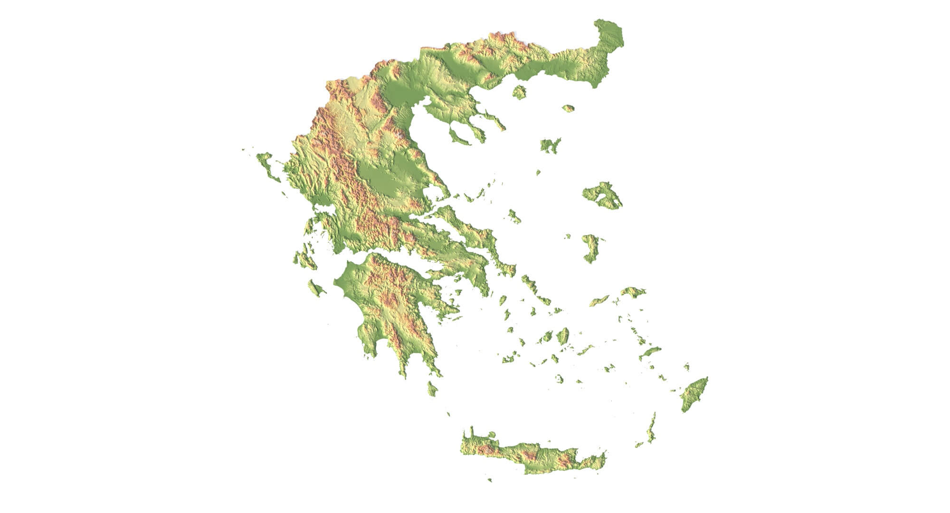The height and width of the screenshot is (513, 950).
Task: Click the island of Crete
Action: pyautogui.click(x=532, y=454)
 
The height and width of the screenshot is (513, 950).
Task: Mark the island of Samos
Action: pyautogui.click(x=633, y=292)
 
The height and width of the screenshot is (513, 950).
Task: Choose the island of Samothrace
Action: pyautogui.click(x=568, y=108)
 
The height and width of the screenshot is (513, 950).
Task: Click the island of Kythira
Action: pyautogui.click(x=432, y=388)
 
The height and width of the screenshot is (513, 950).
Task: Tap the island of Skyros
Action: pyautogui.click(x=514, y=217)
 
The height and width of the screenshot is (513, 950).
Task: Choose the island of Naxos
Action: pyautogui.click(x=563, y=336)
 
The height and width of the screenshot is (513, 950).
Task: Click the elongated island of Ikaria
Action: pyautogui.click(x=599, y=301)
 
